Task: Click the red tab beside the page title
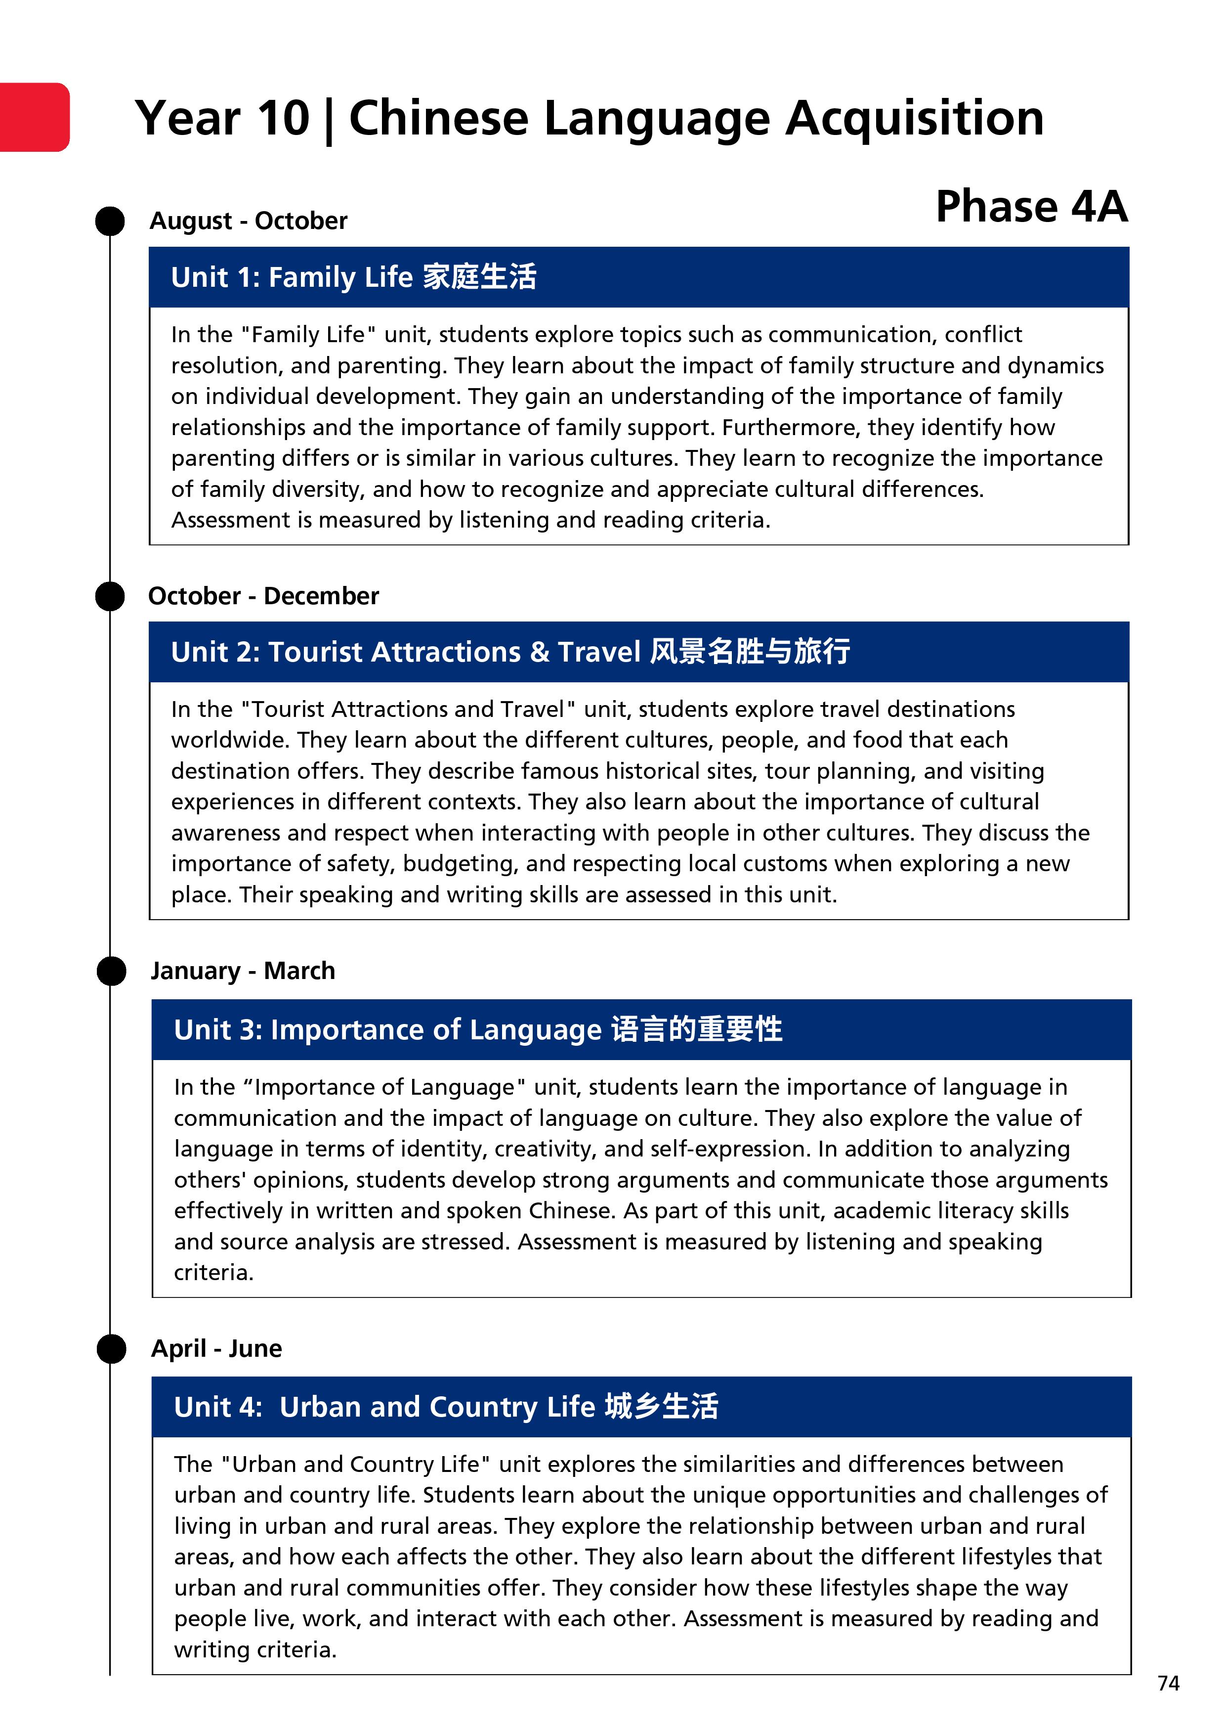34,117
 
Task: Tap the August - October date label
249,221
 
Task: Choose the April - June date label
217,1348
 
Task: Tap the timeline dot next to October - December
110,596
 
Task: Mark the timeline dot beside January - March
111,971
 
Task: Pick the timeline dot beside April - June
112,1349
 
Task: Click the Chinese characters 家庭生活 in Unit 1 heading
480,276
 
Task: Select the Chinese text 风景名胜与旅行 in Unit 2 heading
750,651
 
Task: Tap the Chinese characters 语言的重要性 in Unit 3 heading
696,1029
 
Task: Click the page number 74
1168,1683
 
